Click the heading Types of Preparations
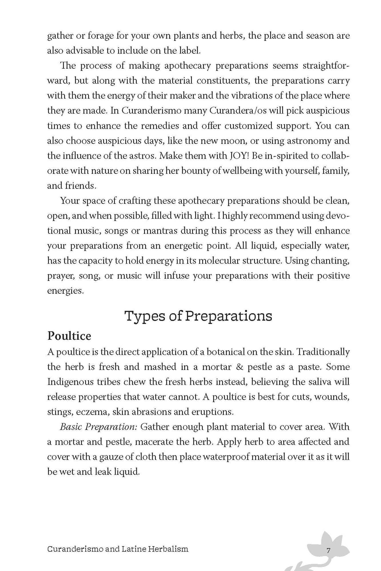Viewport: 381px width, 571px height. tap(198, 316)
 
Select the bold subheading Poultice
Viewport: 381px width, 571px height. tap(69, 336)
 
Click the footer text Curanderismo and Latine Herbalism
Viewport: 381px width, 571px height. tap(118, 549)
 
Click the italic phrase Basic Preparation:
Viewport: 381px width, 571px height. tap(99, 427)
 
